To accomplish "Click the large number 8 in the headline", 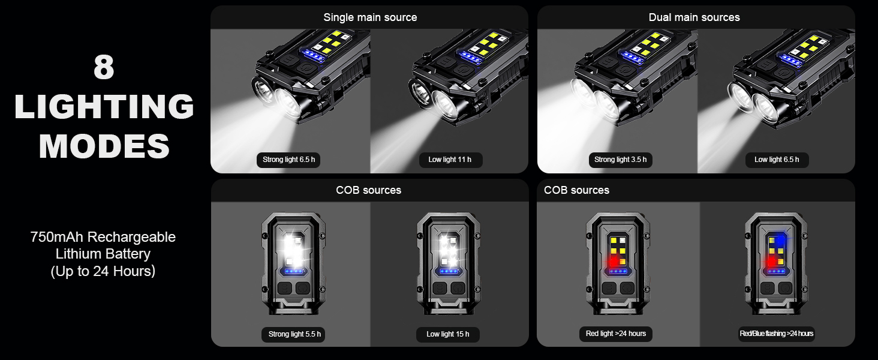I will [104, 68].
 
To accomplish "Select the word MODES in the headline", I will [104, 146].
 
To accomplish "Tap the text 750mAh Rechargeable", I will [103, 237].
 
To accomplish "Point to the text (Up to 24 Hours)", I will [103, 271].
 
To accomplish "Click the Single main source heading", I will [370, 17].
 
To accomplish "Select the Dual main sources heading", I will [694, 17].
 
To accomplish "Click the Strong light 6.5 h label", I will [288, 160].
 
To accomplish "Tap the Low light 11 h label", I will [450, 160].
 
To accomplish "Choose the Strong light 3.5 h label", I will [620, 160].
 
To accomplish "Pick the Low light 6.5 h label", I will [777, 160].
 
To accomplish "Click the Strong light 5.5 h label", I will [293, 334].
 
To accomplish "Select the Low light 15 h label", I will [448, 334].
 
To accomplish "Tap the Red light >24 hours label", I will [616, 334].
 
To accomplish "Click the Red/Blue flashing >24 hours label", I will [776, 334].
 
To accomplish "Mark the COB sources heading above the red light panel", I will [576, 190].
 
